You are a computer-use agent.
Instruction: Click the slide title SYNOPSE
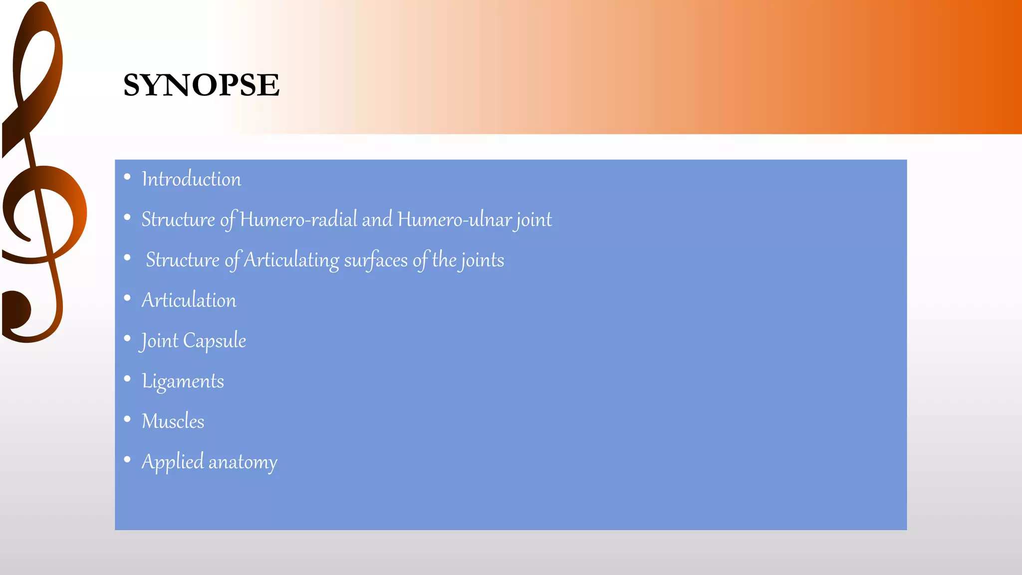coord(201,85)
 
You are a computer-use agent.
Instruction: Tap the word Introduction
coord(191,179)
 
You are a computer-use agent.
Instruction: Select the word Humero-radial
coord(299,220)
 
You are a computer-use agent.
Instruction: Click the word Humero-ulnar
coord(455,220)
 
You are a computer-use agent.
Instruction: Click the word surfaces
coord(376,260)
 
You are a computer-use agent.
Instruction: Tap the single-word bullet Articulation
coord(189,300)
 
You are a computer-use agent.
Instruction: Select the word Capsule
coord(215,341)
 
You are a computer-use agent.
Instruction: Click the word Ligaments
coord(183,381)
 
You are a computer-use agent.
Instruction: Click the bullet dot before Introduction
coord(127,177)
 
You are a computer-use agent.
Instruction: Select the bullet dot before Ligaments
coord(127,379)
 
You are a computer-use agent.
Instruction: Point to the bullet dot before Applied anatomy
coord(127,460)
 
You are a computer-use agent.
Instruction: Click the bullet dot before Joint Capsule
coord(127,338)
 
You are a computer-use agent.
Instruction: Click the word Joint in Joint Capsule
coord(159,341)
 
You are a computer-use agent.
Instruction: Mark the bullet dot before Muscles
coord(127,419)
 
